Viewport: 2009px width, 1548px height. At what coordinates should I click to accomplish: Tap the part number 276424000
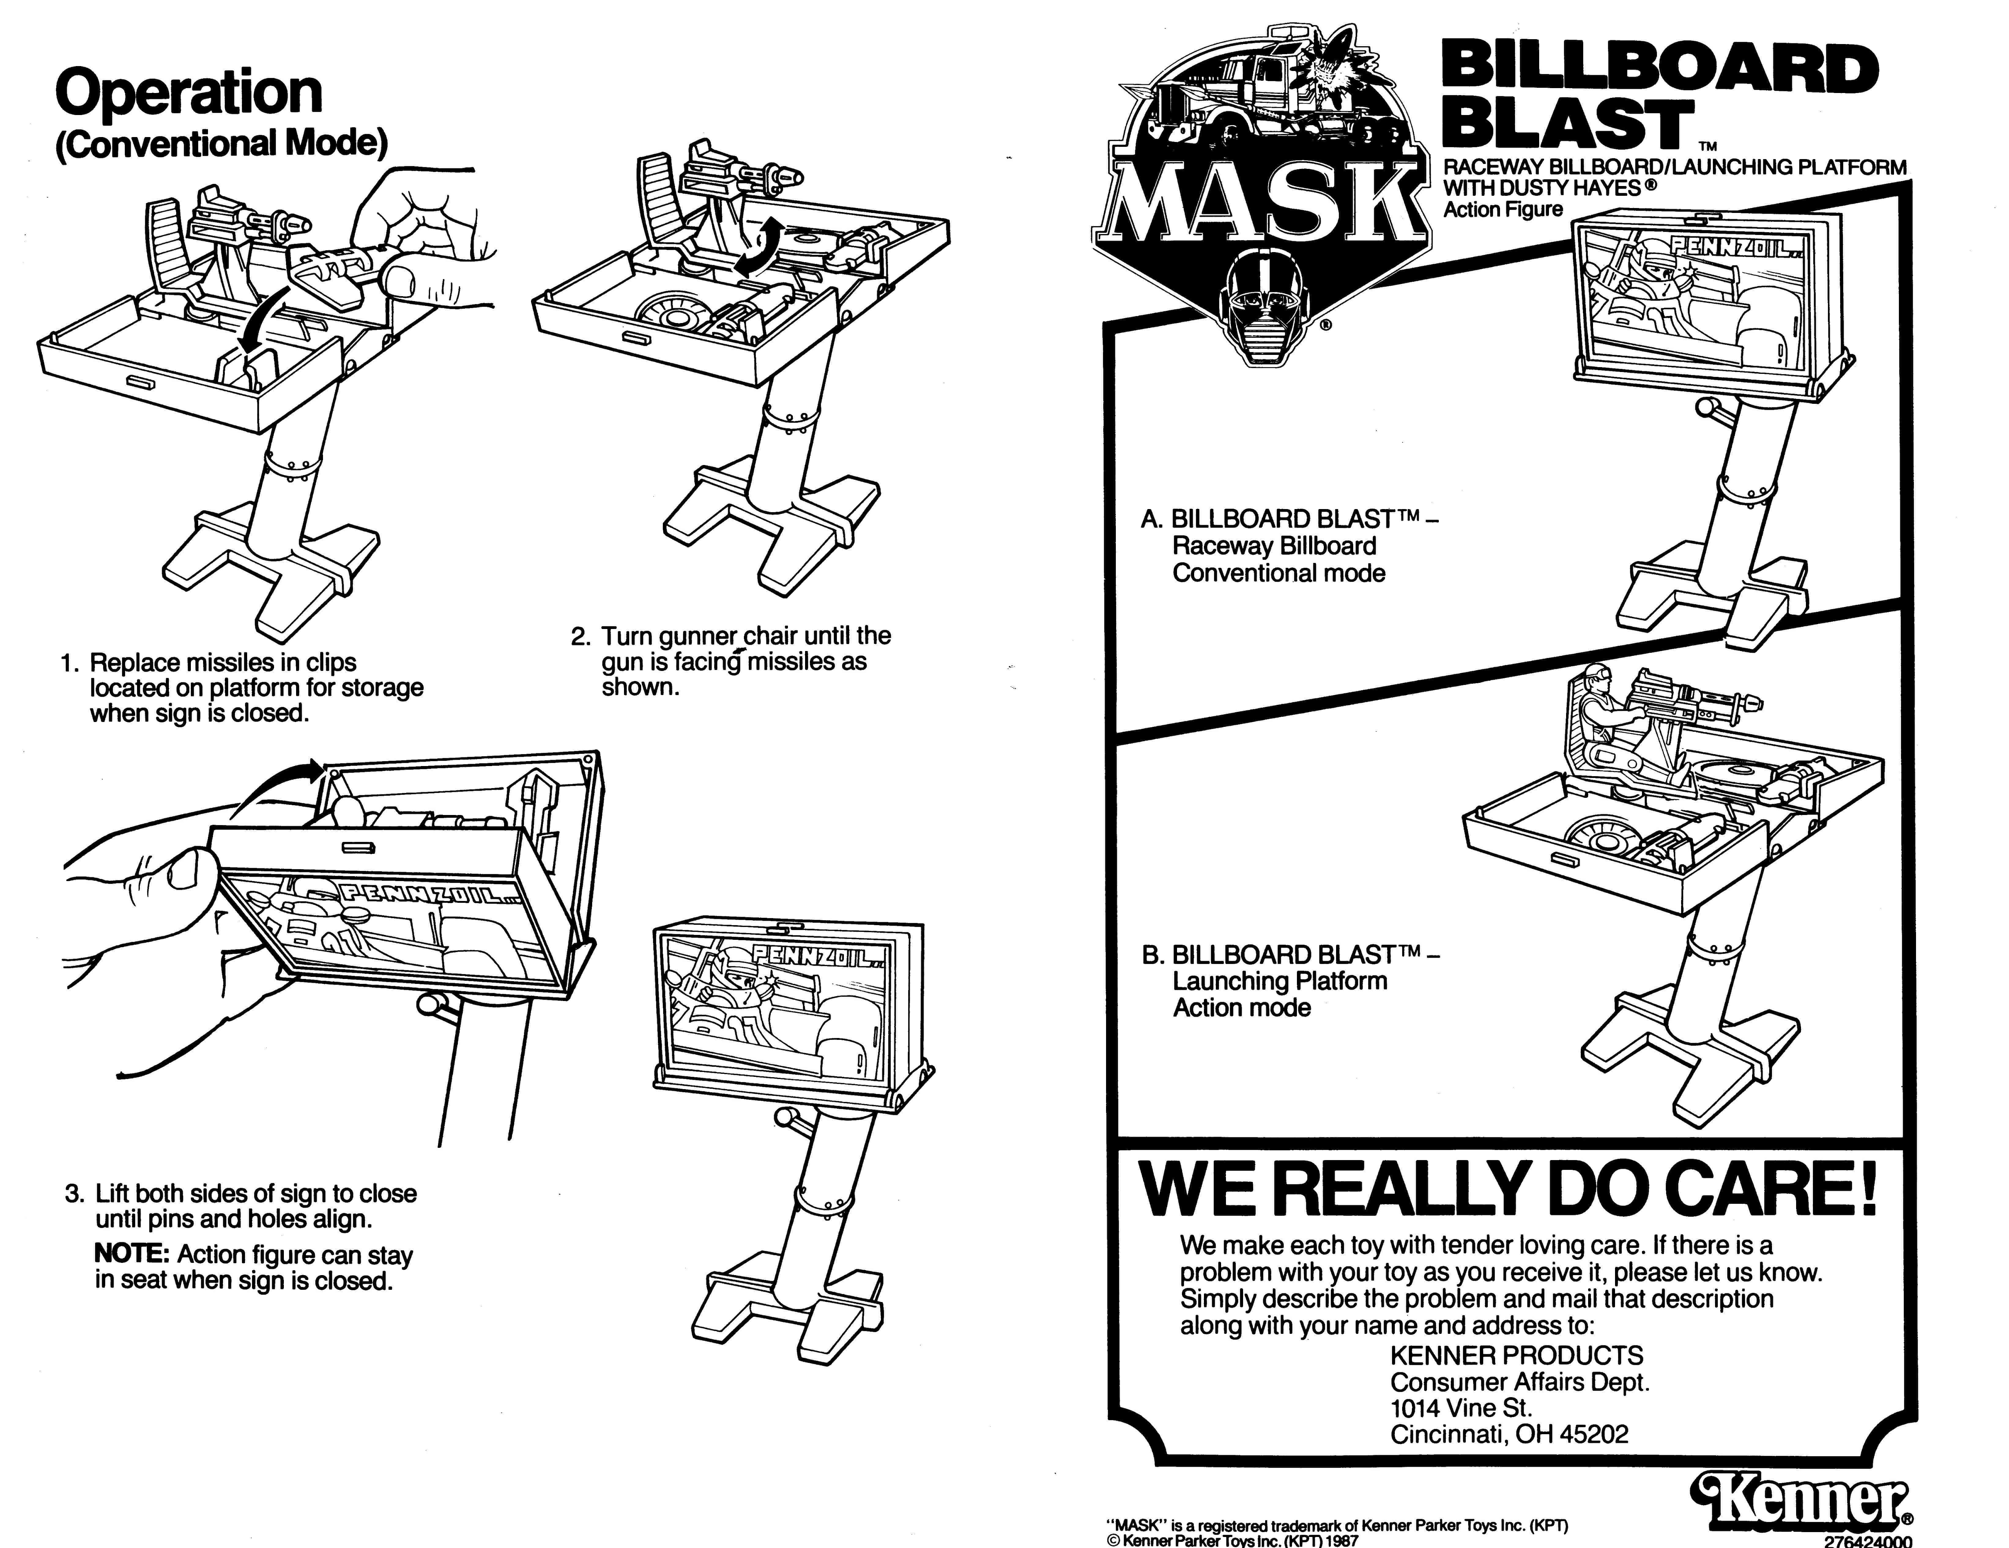tap(1868, 1542)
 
